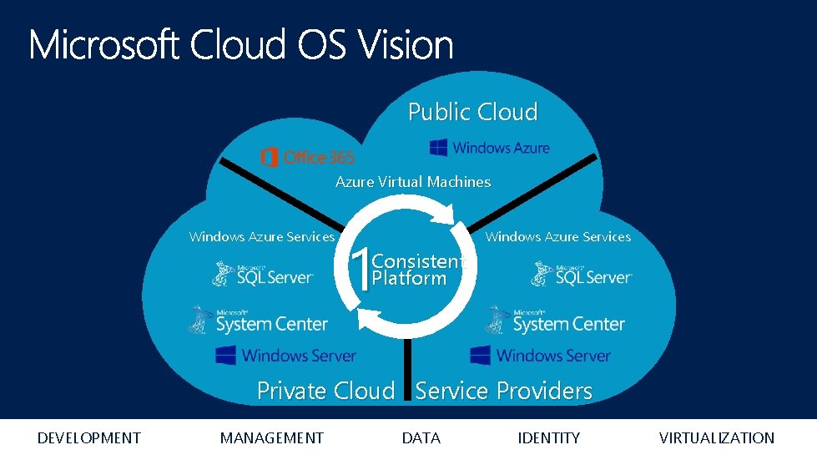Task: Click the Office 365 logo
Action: tap(307, 157)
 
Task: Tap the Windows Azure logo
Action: tap(490, 148)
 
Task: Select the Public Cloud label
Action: tap(472, 112)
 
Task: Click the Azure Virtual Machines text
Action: tap(413, 181)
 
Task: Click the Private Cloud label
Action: tap(325, 390)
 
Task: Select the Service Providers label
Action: tap(504, 390)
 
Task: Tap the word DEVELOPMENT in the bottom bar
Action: tap(89, 437)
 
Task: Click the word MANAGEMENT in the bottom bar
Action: tap(271, 437)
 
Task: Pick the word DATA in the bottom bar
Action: tap(421, 437)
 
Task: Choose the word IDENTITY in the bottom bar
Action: tap(548, 437)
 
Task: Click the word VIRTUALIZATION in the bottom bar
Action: tap(716, 437)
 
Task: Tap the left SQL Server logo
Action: tap(262, 275)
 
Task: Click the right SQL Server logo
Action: tap(582, 275)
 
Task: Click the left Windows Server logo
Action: tap(285, 356)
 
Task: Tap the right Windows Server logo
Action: tap(540, 356)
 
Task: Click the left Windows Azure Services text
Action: tap(261, 236)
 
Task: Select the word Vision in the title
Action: tap(407, 45)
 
